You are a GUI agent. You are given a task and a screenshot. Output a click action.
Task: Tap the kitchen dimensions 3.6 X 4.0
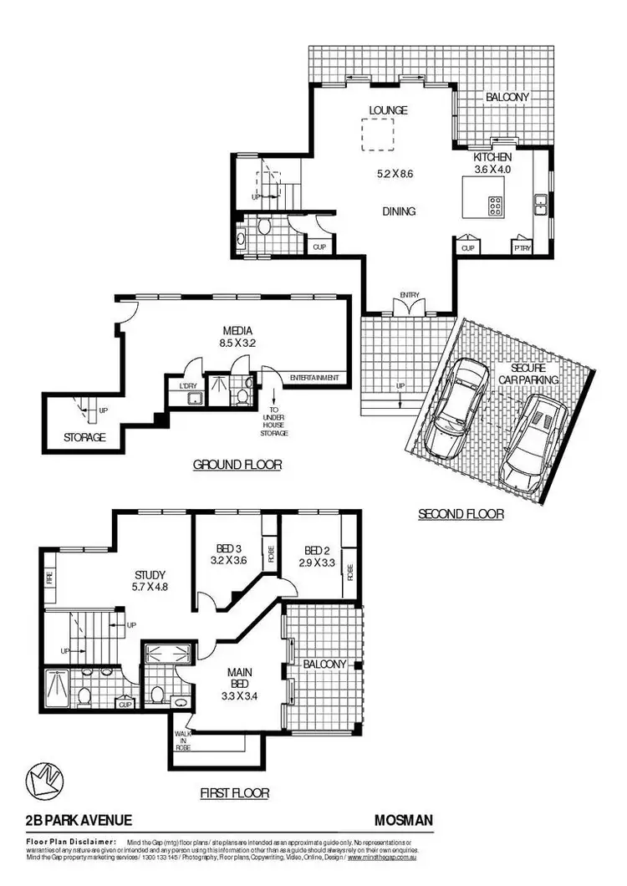click(x=492, y=169)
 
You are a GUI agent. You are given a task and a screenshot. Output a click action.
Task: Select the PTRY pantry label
click(x=523, y=247)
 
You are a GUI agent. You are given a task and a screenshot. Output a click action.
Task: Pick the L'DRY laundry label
click(x=187, y=386)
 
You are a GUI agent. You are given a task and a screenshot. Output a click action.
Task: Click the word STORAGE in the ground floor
click(x=85, y=437)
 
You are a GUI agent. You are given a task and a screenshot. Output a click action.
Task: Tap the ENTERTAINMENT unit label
click(x=314, y=378)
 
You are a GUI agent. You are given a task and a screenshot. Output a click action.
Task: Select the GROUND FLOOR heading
click(x=237, y=465)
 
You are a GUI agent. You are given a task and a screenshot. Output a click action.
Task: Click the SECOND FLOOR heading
click(x=461, y=514)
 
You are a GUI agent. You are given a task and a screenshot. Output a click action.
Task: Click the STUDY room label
click(x=150, y=574)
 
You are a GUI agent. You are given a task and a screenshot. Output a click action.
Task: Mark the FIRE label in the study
click(x=49, y=576)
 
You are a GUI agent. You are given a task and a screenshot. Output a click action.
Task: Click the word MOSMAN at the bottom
click(x=405, y=821)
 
